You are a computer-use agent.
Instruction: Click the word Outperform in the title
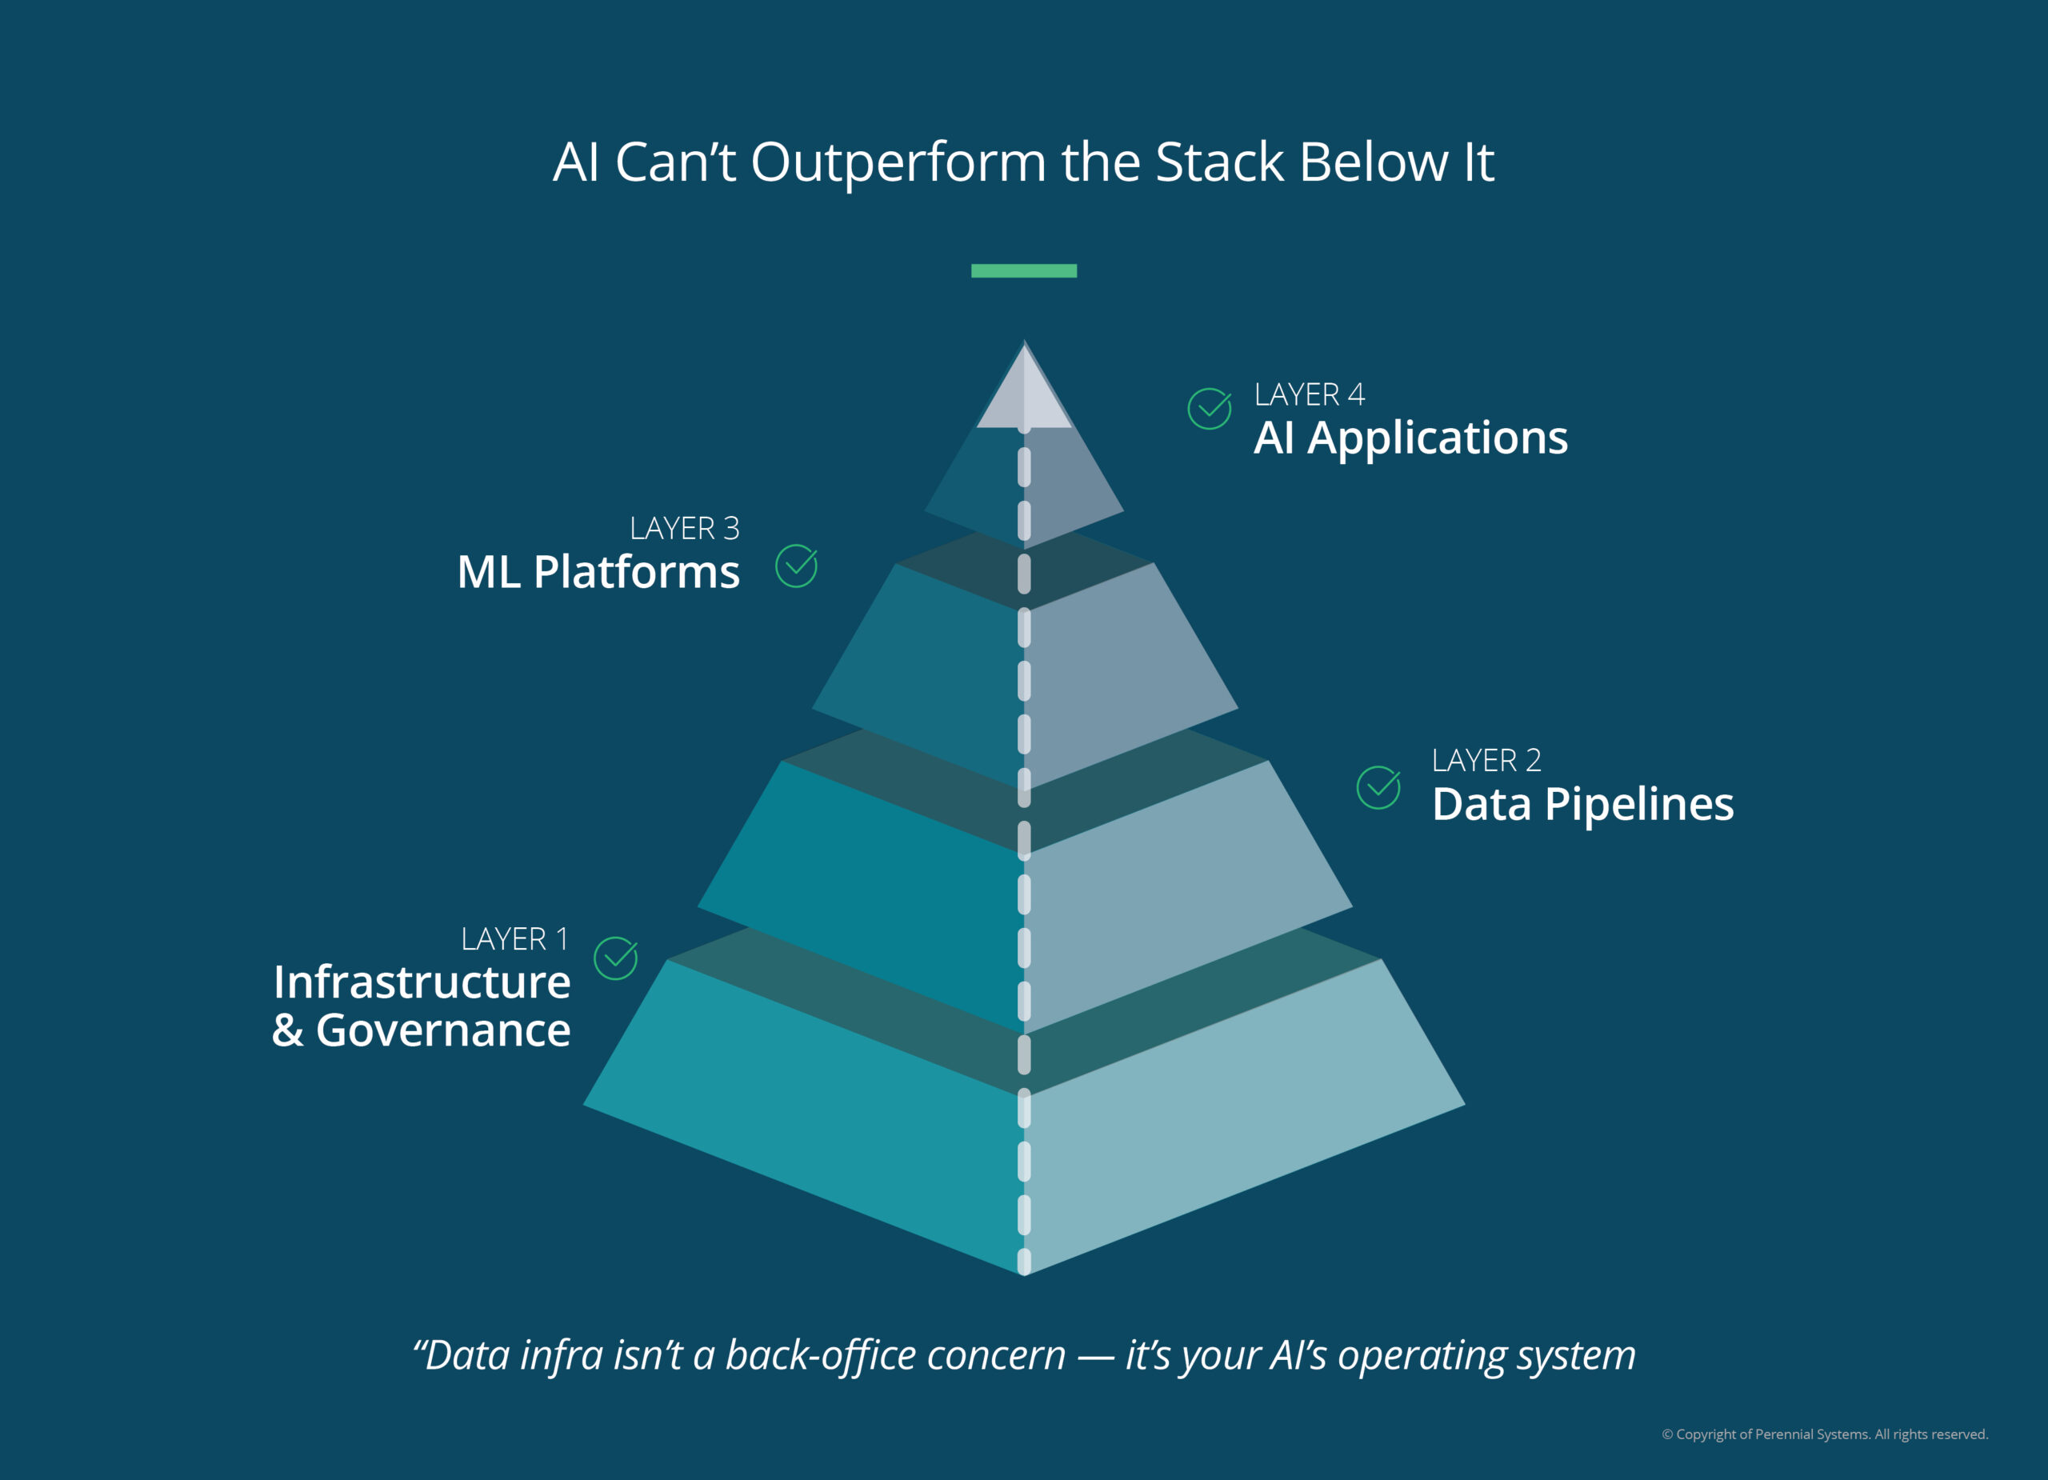[x=898, y=162]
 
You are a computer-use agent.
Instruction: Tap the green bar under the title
[x=1023, y=271]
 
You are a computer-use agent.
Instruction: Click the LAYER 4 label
[x=1309, y=394]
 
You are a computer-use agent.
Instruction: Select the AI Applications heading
[x=1410, y=438]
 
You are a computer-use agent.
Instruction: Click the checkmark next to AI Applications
[x=1209, y=408]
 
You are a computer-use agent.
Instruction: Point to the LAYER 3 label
[x=685, y=528]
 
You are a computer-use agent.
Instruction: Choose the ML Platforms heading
[x=598, y=571]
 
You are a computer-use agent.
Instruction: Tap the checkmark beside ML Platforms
[x=797, y=566]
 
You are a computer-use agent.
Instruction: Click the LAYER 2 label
[x=1486, y=760]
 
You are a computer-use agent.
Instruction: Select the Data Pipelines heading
[x=1582, y=804]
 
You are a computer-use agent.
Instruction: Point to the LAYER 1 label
[x=514, y=939]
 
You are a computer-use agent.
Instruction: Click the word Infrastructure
[x=422, y=982]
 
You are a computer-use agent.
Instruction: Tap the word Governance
[x=442, y=1030]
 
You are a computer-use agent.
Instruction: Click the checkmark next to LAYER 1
[x=616, y=958]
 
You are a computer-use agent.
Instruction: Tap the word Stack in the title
[x=1219, y=162]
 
